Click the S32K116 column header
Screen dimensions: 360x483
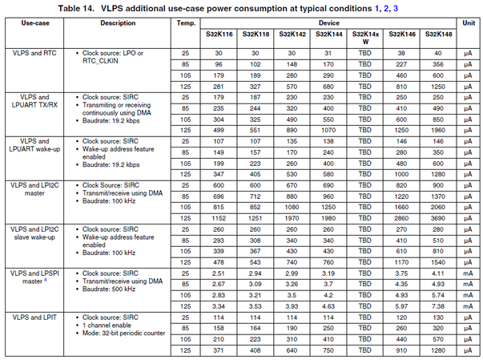click(219, 36)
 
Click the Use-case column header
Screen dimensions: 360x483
click(33, 23)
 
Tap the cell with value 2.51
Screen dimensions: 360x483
click(219, 273)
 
